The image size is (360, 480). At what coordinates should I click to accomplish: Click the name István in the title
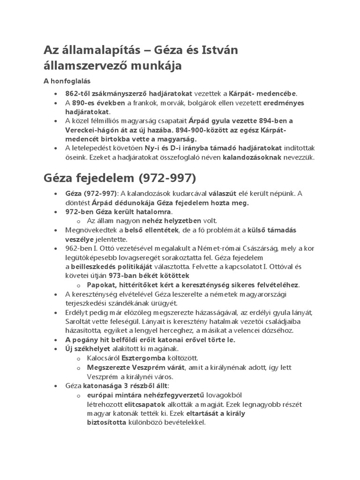pos(207,49)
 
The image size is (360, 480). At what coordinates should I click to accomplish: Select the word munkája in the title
pos(156,66)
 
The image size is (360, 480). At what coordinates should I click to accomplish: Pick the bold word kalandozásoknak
pos(252,157)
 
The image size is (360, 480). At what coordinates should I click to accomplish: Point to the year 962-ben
pos(78,249)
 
